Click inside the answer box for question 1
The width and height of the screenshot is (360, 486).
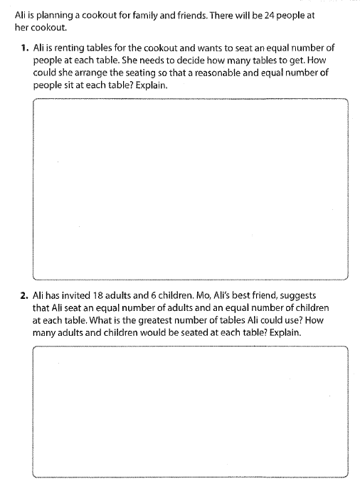[190, 189]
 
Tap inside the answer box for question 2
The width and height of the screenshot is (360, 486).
[190, 411]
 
